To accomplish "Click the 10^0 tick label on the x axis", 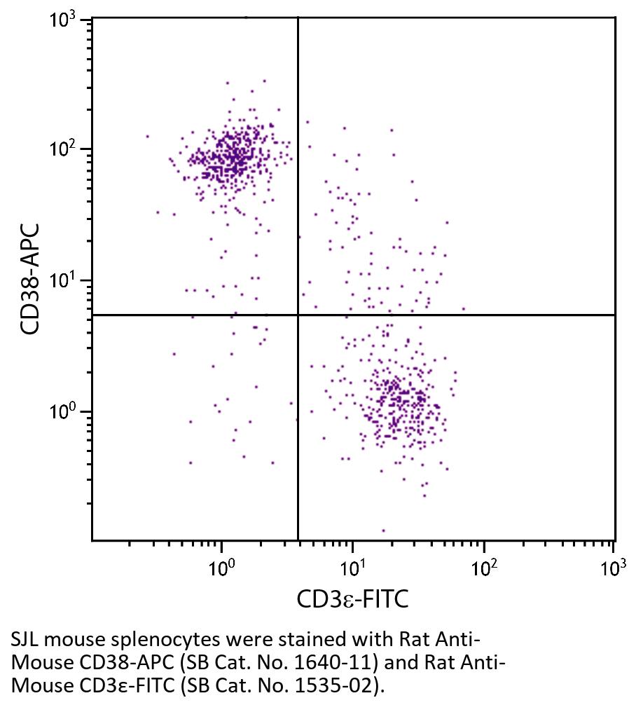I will [221, 566].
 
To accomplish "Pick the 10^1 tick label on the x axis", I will [353, 566].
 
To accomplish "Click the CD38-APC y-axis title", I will [29, 279].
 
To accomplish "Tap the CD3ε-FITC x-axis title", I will [352, 600].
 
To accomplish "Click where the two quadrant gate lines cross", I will [298, 315].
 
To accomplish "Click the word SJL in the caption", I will [25, 640].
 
